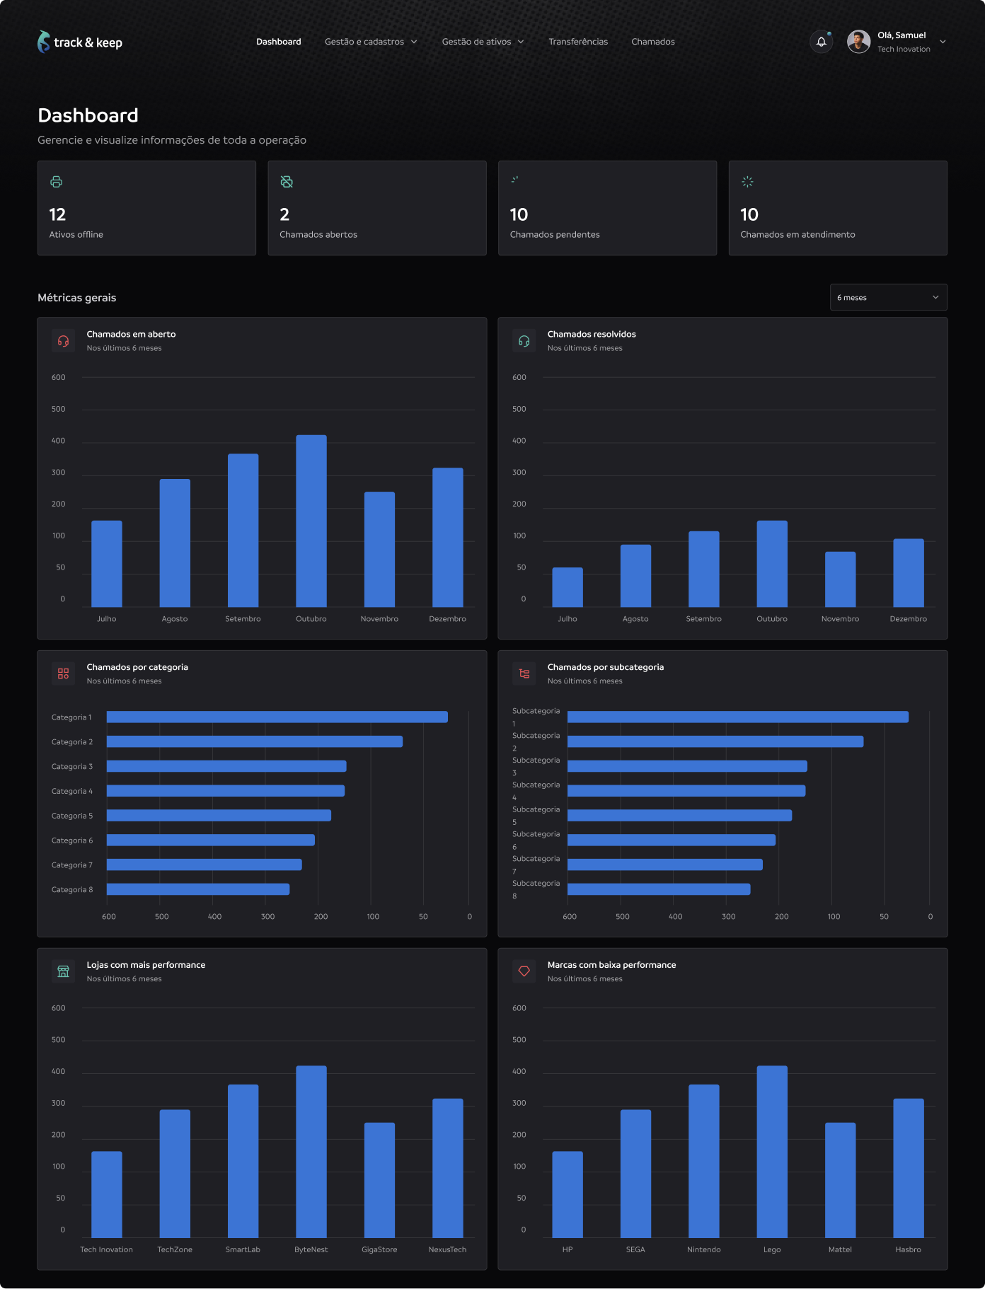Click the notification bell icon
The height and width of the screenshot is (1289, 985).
821,42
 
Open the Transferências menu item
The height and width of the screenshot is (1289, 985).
578,42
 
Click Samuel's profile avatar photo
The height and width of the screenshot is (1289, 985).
858,42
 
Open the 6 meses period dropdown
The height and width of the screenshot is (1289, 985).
888,297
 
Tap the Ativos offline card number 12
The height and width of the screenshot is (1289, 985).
57,214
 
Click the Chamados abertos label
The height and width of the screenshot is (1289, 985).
318,235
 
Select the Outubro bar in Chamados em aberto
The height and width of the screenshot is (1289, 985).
311,521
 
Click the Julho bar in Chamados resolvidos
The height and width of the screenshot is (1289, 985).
568,587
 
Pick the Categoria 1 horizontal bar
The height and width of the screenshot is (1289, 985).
277,717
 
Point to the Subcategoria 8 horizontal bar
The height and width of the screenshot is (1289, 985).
659,889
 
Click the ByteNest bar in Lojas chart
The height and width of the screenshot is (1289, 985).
311,1151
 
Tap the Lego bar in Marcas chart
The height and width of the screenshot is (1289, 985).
772,1151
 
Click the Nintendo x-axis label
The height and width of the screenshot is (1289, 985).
703,1249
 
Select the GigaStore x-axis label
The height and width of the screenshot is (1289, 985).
379,1249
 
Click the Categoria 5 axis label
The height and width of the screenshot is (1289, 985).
72,816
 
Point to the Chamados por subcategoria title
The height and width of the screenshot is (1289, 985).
606,667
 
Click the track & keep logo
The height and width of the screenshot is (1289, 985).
80,42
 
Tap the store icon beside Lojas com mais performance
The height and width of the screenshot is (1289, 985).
64,971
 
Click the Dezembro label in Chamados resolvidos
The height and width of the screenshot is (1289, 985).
908,619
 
